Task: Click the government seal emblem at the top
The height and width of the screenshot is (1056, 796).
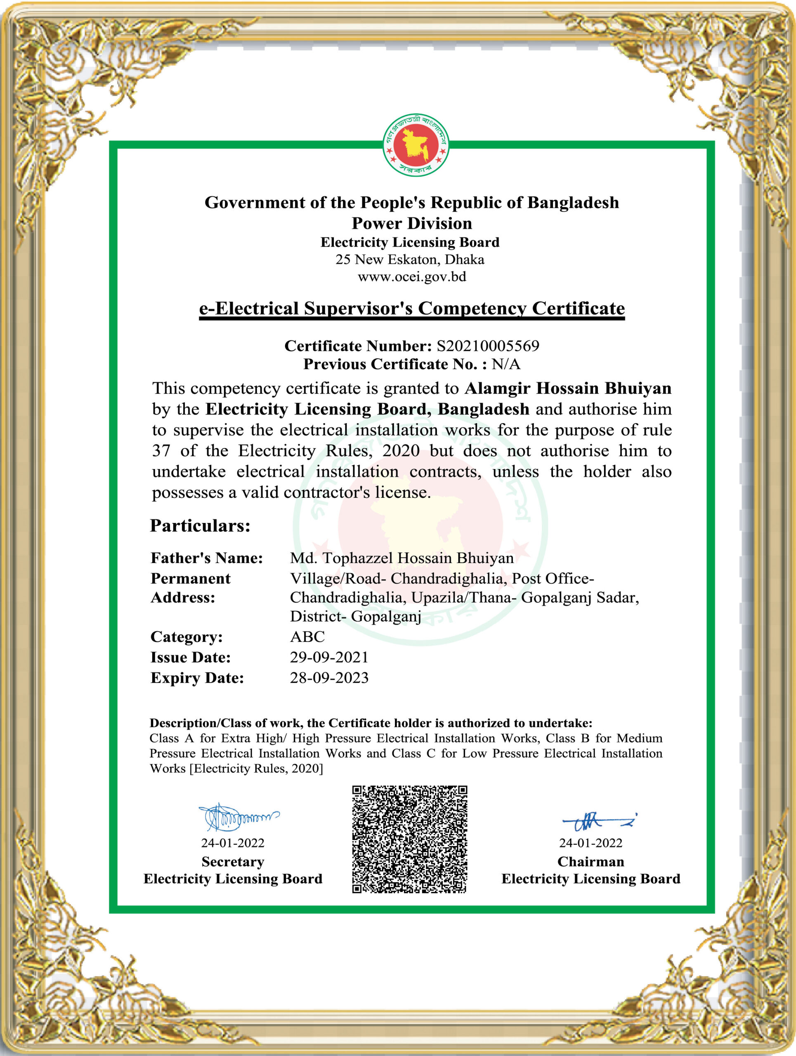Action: click(x=416, y=145)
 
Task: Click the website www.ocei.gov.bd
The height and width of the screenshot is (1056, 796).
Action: click(x=411, y=277)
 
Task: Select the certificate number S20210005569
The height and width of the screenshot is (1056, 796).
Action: click(x=487, y=346)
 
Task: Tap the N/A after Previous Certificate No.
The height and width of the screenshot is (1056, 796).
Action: click(x=505, y=364)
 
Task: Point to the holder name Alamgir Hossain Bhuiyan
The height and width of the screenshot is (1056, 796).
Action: click(x=568, y=388)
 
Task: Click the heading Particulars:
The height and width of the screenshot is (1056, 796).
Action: click(x=200, y=526)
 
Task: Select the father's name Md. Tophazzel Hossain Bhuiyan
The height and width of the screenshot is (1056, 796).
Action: click(x=402, y=558)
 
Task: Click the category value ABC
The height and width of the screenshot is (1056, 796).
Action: click(x=307, y=636)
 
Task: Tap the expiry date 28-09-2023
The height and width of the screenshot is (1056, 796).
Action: click(x=329, y=677)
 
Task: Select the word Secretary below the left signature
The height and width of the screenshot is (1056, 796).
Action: click(x=233, y=862)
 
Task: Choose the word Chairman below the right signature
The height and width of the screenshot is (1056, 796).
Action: click(x=591, y=862)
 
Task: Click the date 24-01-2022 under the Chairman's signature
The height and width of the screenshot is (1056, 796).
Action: click(x=591, y=843)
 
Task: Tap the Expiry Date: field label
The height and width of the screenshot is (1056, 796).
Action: click(x=197, y=678)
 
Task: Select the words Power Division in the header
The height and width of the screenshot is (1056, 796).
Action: click(x=411, y=224)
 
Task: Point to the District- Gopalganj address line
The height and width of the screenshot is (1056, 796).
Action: click(x=355, y=616)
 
